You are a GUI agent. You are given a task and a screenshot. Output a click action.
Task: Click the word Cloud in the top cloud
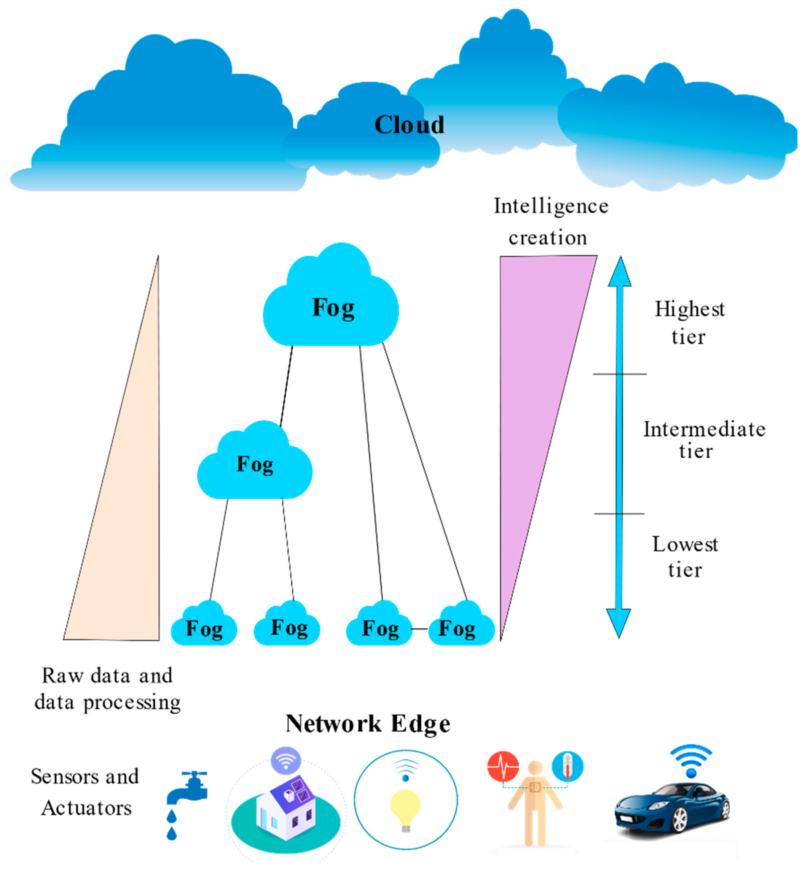coord(409,125)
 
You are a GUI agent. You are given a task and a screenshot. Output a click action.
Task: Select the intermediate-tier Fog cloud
coord(255,466)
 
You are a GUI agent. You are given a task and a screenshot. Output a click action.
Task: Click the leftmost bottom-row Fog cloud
coord(204,628)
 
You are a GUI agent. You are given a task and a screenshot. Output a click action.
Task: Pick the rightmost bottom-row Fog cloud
coord(461,628)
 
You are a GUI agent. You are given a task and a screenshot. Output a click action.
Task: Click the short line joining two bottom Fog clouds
coord(420,629)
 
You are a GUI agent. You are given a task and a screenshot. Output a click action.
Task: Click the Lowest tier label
coord(685,557)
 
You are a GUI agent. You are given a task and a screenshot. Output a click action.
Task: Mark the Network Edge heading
coord(368,724)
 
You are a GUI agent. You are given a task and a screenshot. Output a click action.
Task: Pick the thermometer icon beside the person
coord(567,766)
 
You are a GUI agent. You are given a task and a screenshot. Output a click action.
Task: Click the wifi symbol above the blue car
coord(691,762)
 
